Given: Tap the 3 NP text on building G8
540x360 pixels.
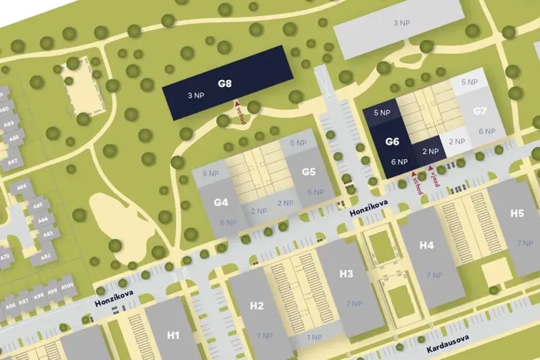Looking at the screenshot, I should tap(195, 96).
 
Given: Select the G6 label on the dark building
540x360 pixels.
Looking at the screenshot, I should tap(392, 142).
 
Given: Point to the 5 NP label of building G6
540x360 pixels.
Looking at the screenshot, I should tap(382, 113).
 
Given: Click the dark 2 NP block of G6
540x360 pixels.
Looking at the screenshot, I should tap(430, 151).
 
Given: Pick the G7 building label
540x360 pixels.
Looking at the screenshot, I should tap(480, 111).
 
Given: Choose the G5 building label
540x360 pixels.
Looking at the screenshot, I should tap(309, 172).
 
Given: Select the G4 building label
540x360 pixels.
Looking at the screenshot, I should tap(221, 202).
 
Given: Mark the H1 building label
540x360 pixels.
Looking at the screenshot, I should tap(173, 335).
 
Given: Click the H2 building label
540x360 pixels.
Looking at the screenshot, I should tap(257, 305).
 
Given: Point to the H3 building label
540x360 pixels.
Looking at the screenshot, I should tap(345, 274).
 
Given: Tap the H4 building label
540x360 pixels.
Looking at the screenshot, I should tap(427, 245).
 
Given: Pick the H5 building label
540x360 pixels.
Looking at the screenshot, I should tap(517, 213).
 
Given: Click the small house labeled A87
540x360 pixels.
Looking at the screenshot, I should tap(12, 162).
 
